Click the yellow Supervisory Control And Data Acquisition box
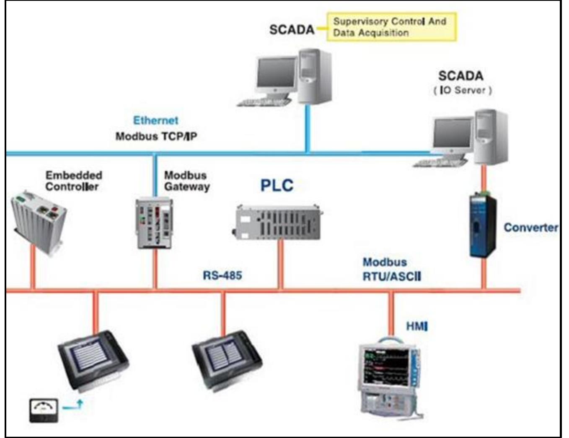coord(391,27)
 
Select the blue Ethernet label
coord(155,120)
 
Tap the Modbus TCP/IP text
coord(156,136)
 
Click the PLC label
coord(277,185)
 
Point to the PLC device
coord(278,223)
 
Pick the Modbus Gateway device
coord(154,224)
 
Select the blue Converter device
coord(482,226)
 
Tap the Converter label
coord(530,228)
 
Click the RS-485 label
coord(222,275)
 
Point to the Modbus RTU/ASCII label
coord(391,269)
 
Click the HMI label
coord(416,326)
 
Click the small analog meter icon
coord(44,410)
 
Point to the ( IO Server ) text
coord(462,90)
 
